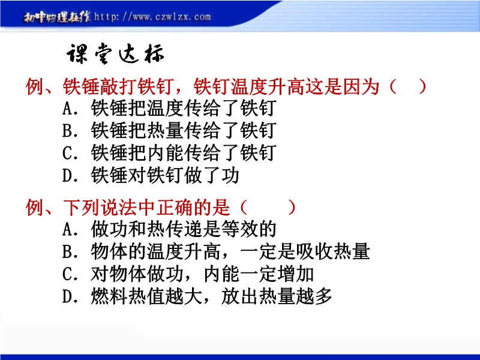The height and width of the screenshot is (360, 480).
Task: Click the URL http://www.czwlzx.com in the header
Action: point(152,16)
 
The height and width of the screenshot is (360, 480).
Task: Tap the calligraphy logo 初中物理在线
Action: point(57,17)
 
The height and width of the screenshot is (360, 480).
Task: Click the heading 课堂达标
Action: point(115,54)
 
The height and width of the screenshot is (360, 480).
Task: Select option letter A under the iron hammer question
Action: point(68,109)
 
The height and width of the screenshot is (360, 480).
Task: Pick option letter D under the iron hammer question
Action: point(68,176)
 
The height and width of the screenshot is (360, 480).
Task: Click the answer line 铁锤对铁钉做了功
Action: point(165,175)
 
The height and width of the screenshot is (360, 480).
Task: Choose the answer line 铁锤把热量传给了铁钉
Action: point(184,130)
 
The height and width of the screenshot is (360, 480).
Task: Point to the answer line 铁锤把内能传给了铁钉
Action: point(184,153)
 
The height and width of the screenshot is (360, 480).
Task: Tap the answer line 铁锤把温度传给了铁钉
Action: point(184,108)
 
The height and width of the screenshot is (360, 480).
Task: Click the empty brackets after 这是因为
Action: point(408,86)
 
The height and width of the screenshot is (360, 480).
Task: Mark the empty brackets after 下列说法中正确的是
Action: point(268,208)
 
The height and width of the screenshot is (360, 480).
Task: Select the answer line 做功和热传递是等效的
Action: point(184,229)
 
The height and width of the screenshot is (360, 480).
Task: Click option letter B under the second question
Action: point(68,251)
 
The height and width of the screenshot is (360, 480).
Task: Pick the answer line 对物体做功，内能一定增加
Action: point(202,274)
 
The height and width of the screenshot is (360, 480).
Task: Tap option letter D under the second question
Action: point(68,296)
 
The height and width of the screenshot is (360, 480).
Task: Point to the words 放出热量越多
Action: point(277,296)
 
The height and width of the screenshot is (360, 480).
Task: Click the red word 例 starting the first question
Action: point(34,86)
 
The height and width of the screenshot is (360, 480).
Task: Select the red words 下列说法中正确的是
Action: point(146,208)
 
